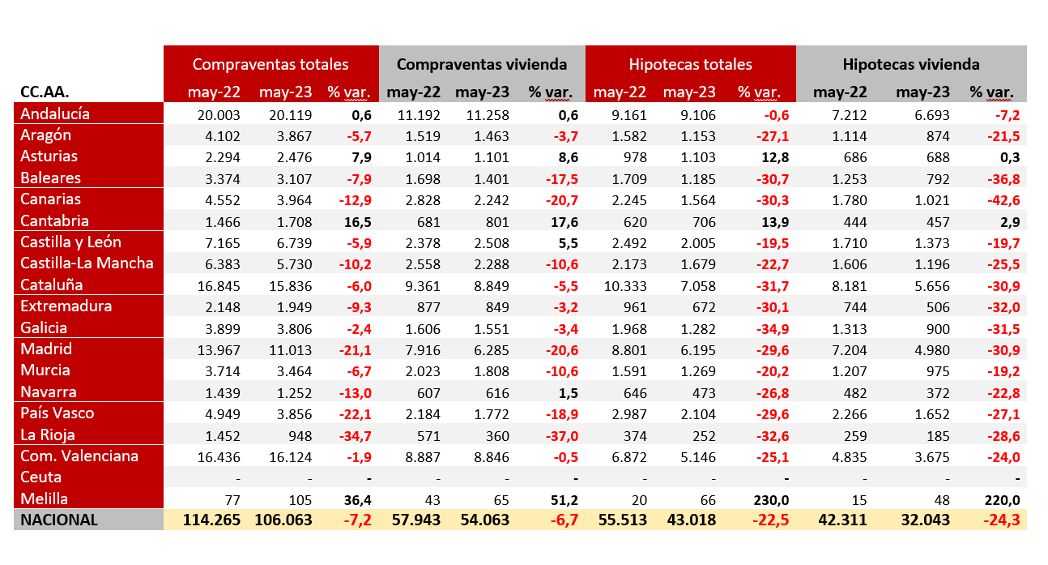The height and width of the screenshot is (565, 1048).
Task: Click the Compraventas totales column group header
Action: [271, 64]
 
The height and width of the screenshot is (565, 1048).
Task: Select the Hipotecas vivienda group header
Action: [911, 64]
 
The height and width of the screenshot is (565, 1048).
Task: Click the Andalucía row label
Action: [55, 113]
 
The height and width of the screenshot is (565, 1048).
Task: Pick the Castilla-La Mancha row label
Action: [87, 263]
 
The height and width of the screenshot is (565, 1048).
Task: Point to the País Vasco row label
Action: [58, 413]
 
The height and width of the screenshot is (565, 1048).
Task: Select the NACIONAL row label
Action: [60, 520]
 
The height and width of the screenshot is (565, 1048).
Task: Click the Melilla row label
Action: [45, 499]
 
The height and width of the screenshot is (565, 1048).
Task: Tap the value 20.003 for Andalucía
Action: [219, 114]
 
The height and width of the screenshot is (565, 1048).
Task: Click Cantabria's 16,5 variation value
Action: [357, 220]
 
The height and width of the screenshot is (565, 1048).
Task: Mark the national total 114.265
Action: [208, 520]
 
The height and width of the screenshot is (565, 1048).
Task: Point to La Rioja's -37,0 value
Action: [560, 434]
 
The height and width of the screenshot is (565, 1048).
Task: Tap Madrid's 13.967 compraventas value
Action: [219, 349]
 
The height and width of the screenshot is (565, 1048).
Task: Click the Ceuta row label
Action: [41, 477]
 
